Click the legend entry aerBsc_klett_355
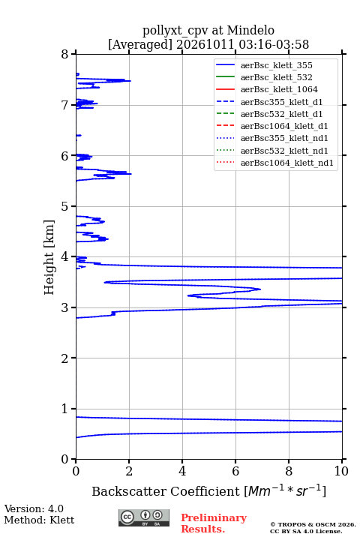(x=276, y=65)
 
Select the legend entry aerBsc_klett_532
(x=276, y=77)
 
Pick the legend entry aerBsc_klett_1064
(x=279, y=89)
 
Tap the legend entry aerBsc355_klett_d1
(x=281, y=102)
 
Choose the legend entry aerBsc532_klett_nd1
(x=284, y=151)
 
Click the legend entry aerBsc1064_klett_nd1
(x=287, y=163)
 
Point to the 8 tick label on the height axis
(x=65, y=54)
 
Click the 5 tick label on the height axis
(x=65, y=206)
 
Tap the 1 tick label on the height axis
(x=65, y=409)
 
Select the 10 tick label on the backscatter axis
(x=341, y=471)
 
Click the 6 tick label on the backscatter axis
(x=235, y=471)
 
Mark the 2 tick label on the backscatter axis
(x=129, y=471)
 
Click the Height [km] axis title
(x=49, y=257)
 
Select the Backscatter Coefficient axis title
(x=208, y=490)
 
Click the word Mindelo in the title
(x=250, y=30)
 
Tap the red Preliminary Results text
(x=214, y=523)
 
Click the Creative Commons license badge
(x=144, y=517)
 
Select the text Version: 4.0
(x=34, y=508)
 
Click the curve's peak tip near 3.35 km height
(x=260, y=289)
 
